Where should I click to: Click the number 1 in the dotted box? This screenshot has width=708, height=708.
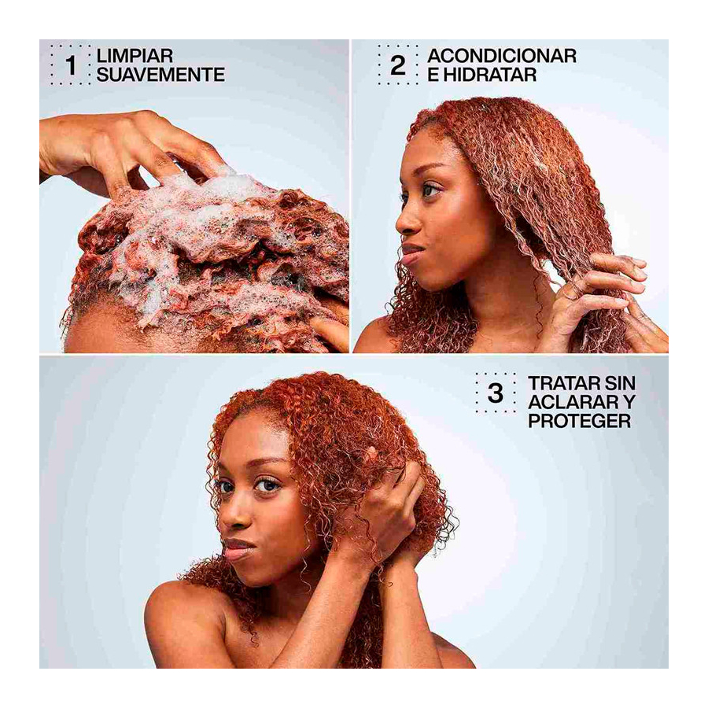[x=71, y=65]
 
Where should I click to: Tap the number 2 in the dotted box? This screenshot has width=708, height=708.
[x=398, y=65]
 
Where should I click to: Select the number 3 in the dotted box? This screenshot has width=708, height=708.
[x=495, y=393]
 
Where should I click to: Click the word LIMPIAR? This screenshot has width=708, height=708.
[x=135, y=56]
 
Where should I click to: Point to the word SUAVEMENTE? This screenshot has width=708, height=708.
[x=160, y=76]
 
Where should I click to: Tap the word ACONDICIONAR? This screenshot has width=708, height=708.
[x=501, y=56]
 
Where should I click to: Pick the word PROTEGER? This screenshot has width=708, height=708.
[x=580, y=421]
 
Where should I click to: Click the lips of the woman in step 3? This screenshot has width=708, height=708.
[x=238, y=548]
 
